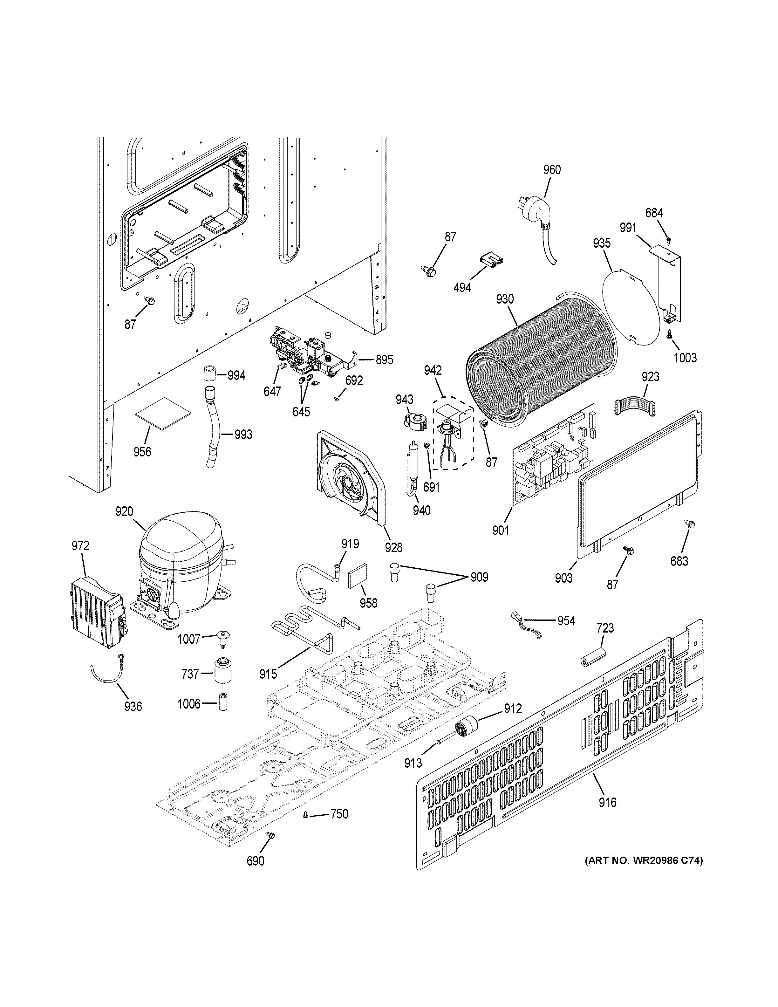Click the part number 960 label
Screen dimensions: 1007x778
coord(552,170)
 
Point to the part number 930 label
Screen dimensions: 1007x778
coord(505,299)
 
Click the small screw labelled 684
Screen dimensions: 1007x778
coord(669,240)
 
